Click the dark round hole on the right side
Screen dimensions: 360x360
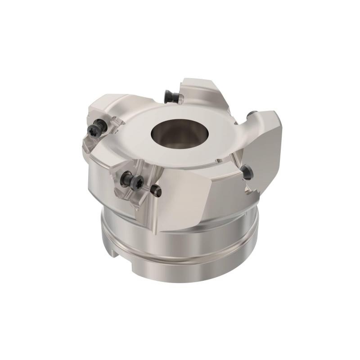point(247,170)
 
